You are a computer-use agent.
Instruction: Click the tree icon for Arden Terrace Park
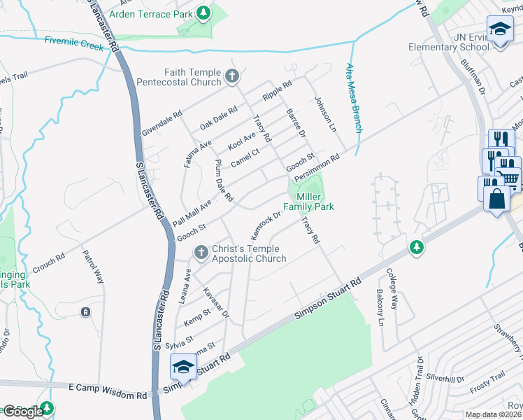[x=203, y=13]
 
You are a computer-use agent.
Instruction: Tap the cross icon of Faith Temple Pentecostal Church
[x=231, y=77]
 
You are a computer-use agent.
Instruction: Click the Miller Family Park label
[x=308, y=202]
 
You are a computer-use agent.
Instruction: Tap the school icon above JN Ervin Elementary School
[x=500, y=29]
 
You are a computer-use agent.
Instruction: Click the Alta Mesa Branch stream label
[x=354, y=97]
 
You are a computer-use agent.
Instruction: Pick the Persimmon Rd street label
[x=317, y=167]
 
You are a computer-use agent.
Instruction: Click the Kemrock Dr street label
[x=265, y=224]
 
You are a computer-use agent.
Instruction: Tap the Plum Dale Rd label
[x=223, y=181]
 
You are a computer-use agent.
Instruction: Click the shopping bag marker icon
[x=496, y=197]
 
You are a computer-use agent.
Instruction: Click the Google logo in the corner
[x=23, y=412]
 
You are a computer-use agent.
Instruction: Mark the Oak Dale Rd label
[x=218, y=117]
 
